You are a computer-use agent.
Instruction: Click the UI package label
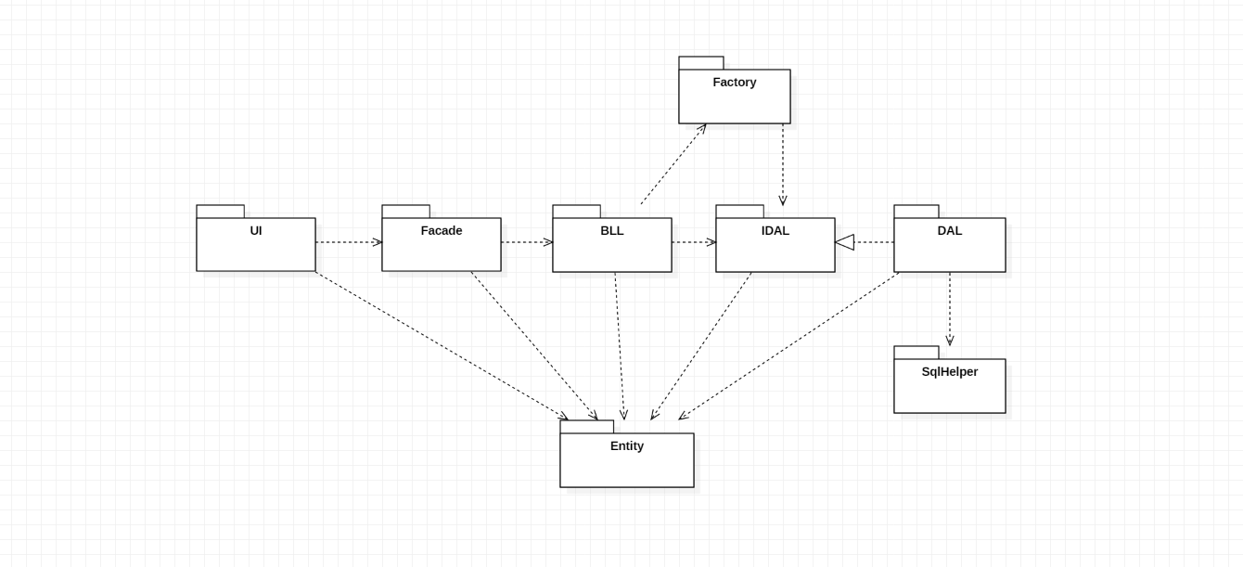pos(256,231)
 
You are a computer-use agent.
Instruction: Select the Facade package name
pos(442,231)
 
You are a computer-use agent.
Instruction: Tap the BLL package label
pos(612,231)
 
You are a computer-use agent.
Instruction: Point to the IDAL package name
pos(775,231)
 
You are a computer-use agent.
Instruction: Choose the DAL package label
pos(950,231)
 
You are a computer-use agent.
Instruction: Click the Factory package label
pos(735,83)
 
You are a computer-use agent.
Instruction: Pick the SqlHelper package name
pos(950,372)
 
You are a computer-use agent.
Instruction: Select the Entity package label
pos(627,446)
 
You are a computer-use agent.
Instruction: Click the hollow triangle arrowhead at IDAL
pos(844,242)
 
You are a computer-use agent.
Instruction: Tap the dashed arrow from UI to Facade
pos(348,242)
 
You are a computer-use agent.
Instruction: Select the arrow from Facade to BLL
pos(526,242)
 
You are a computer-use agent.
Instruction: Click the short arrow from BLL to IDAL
pos(693,242)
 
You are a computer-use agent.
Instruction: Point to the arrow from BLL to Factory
pos(673,165)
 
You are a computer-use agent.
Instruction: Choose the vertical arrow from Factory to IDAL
pos(783,163)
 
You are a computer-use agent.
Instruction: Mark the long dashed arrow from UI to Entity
pos(441,345)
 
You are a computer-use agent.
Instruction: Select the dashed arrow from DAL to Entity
pos(788,345)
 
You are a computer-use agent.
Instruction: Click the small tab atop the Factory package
pos(701,63)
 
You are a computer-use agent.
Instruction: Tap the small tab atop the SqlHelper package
pos(916,353)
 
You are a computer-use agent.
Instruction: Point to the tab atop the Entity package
pos(587,427)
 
